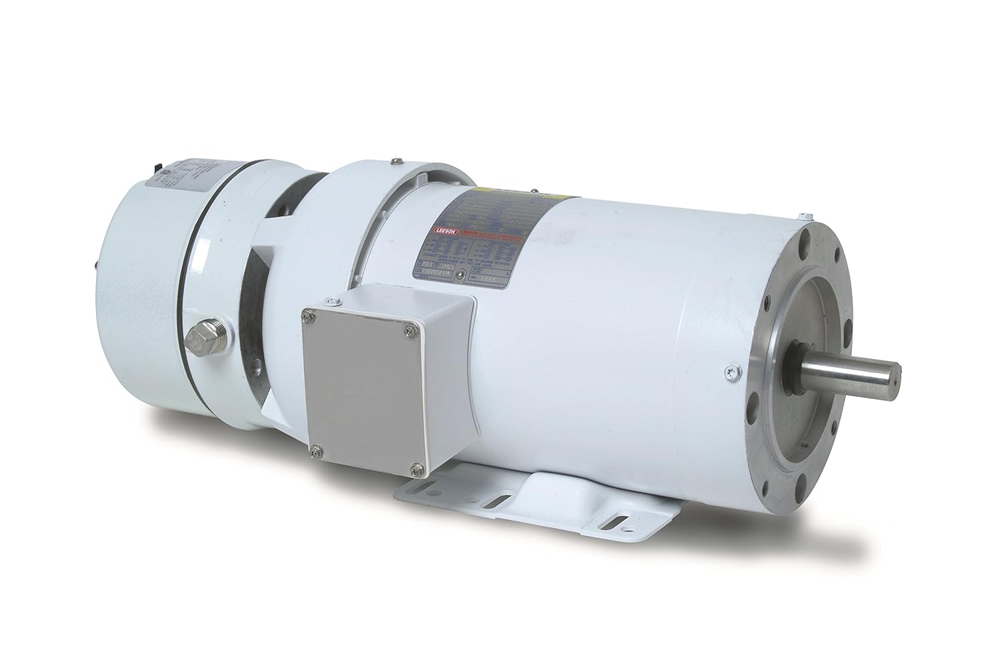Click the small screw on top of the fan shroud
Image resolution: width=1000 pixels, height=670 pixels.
(397, 160)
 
